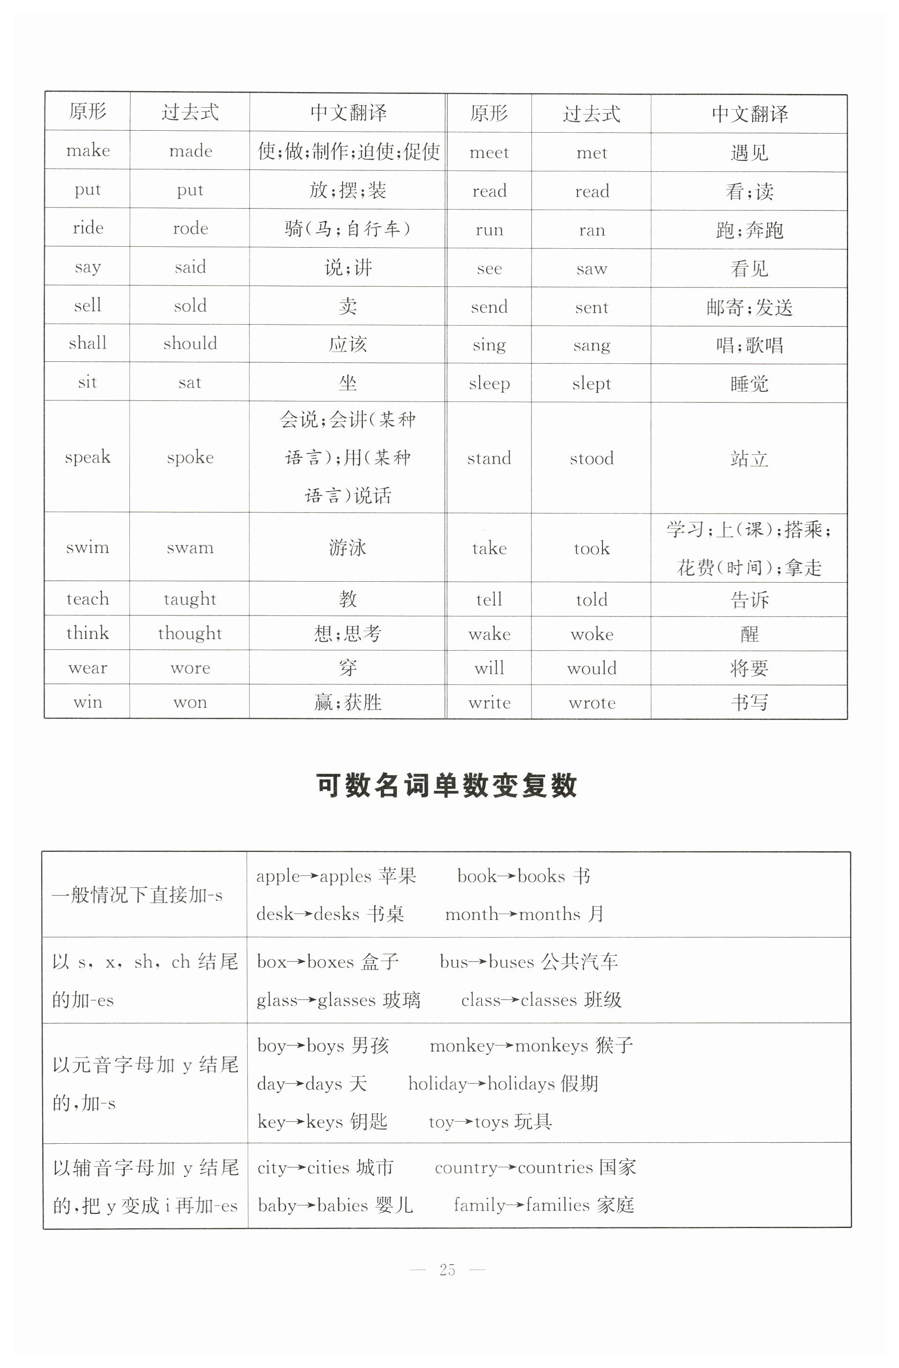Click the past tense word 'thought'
coord(189,634)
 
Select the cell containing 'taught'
coord(189,599)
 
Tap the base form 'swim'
coord(87,547)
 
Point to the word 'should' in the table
coord(190,344)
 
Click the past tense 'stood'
coord(592,459)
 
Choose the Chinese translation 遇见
coord(749,153)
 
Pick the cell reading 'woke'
coord(592,635)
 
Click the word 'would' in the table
coord(592,668)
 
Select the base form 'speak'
coord(87,457)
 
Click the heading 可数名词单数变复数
coord(446,786)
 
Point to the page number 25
coord(447,1270)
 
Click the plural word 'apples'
coord(345,876)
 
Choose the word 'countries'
coord(555,1168)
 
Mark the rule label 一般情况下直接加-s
coord(137,896)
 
